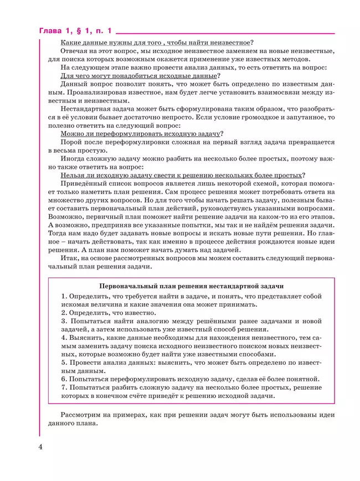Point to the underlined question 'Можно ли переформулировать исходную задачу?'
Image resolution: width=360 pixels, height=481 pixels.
142,133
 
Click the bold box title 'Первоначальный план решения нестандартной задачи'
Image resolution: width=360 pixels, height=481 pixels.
191,286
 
